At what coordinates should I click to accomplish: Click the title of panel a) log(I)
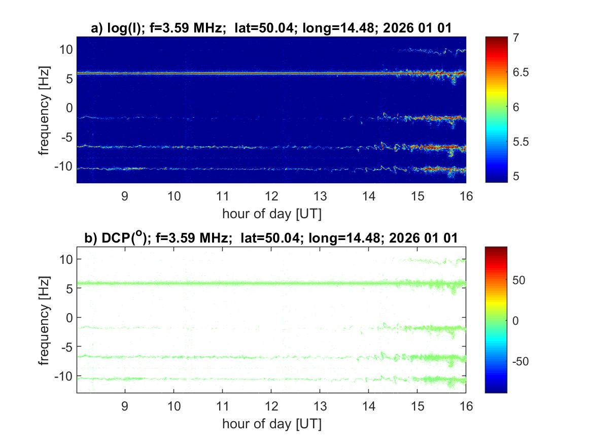pos(271,29)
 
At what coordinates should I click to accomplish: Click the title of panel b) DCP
pos(271,237)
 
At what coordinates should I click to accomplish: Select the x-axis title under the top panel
pos(271,214)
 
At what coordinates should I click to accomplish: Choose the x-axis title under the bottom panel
pos(271,423)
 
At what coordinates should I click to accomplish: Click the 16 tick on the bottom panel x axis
pos(466,406)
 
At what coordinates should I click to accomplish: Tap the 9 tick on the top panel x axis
pos(125,196)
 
